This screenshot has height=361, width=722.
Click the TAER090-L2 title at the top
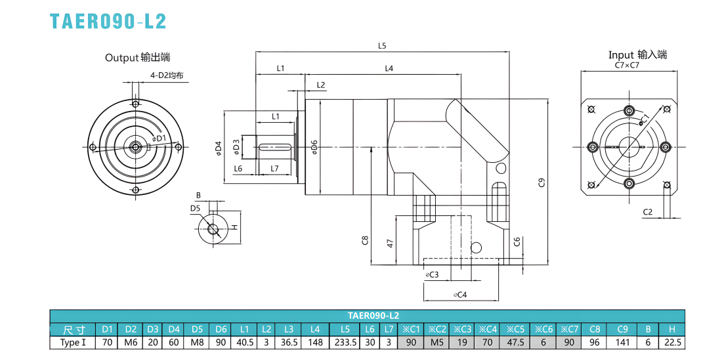coord(108,21)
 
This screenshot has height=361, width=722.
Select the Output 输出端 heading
coord(137,58)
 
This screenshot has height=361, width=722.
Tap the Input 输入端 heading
coord(637,54)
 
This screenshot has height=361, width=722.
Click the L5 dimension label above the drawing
coord(382,45)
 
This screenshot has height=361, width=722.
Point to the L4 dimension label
coord(389,68)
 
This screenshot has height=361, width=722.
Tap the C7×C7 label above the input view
coord(627,65)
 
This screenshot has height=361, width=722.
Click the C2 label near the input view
coord(647,212)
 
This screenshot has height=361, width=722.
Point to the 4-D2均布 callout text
coord(170,75)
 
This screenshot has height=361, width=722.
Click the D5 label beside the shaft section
coord(195,209)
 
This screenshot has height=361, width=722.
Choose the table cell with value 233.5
coord(345,343)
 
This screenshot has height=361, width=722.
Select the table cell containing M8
coord(197,343)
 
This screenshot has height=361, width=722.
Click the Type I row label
coord(73,343)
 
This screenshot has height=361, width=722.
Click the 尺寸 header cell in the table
coord(73,329)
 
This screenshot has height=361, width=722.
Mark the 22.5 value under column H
coord(672,343)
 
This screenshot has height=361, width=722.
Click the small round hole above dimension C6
coord(477,247)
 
